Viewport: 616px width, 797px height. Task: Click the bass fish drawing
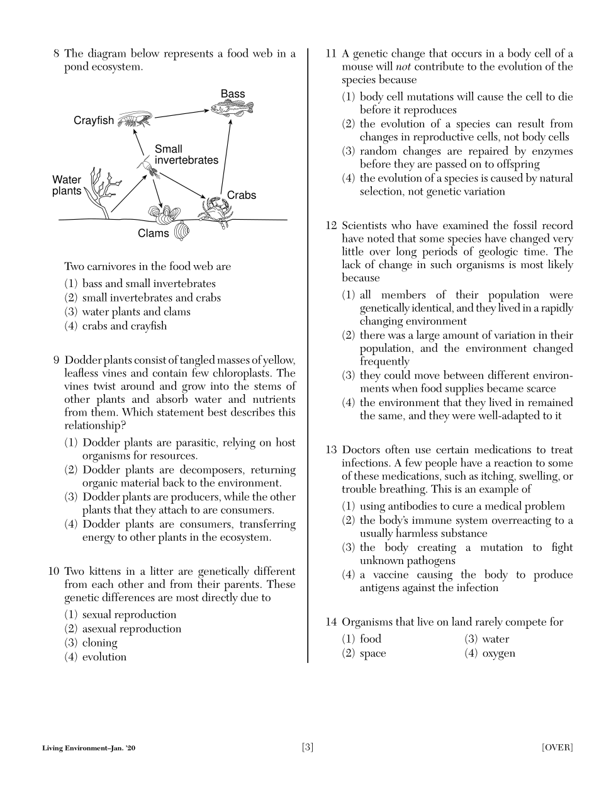point(232,109)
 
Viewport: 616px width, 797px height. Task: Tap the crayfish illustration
point(135,120)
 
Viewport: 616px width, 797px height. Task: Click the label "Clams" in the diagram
point(154,234)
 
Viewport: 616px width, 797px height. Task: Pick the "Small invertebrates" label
point(186,155)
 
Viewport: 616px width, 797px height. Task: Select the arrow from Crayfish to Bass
point(182,113)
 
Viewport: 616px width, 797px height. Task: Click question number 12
point(331,225)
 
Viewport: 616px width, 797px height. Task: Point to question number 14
point(331,622)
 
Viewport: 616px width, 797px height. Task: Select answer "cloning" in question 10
point(99,643)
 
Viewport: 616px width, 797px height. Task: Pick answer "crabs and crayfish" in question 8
point(125,326)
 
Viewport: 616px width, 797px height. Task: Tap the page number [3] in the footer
point(308,748)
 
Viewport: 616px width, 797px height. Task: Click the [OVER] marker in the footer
point(557,748)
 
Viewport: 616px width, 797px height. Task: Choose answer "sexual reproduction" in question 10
point(129,615)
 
